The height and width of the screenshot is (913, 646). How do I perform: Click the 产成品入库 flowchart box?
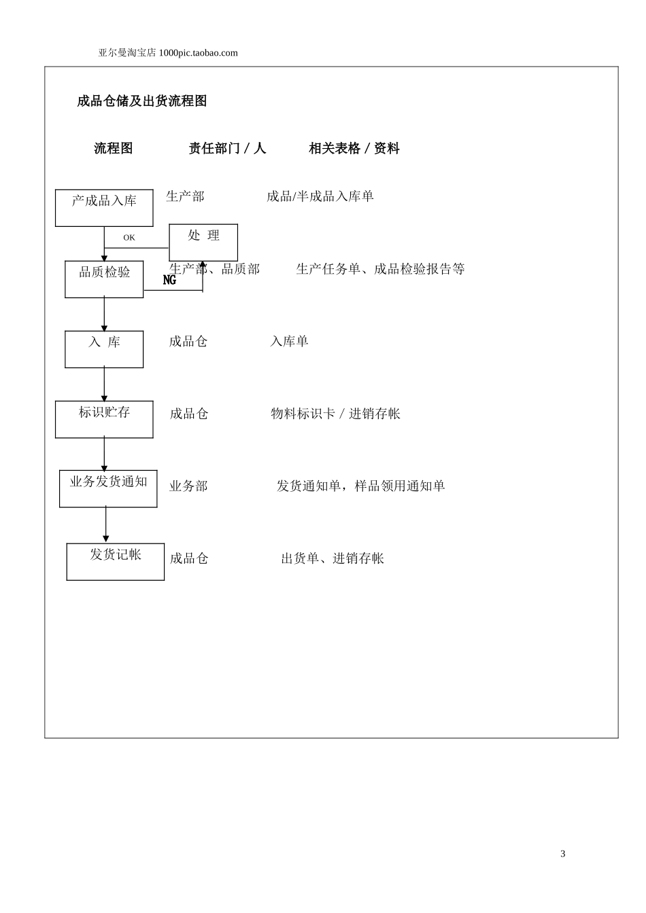pos(104,208)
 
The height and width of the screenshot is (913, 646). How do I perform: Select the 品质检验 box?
pos(104,279)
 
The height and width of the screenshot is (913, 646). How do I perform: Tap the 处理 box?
pos(203,242)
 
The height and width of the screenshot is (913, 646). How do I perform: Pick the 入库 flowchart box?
pos(104,349)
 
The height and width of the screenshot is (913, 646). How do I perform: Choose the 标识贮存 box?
pos(104,419)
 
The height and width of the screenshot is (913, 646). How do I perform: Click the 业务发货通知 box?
pos(108,488)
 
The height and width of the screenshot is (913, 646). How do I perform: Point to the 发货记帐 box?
pos(116,561)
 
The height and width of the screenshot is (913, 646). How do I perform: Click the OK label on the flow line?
pos(129,238)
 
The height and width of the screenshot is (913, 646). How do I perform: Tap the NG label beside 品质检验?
pos(169,280)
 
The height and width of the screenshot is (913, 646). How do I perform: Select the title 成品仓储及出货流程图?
pos(142,101)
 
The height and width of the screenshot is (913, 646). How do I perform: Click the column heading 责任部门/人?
pos(227,148)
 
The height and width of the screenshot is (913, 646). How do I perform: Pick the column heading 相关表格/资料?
pos(354,148)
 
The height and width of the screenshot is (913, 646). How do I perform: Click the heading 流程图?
pos(114,148)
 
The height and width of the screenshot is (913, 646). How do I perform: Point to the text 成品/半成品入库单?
pos(320,196)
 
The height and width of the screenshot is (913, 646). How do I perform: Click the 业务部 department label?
pos(188,486)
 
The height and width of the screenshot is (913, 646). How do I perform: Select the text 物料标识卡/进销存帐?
pos(336,414)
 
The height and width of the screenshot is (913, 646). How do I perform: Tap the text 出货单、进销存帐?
pos(333,558)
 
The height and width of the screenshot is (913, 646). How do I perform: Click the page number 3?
pos(562,854)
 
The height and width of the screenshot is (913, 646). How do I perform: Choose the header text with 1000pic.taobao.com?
pos(168,53)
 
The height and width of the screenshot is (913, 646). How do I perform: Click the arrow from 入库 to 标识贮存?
pos(104,384)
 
